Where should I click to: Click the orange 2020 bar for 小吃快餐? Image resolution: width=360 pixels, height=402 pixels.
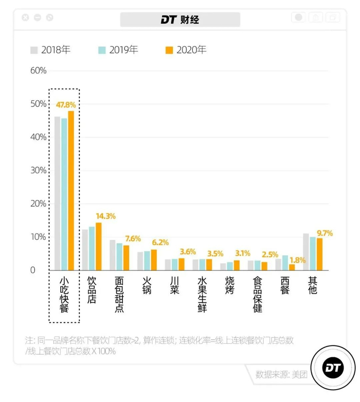tap(71, 190)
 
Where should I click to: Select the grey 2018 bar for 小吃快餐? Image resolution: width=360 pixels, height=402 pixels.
tap(58, 193)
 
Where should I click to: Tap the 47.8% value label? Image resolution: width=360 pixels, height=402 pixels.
tap(66, 105)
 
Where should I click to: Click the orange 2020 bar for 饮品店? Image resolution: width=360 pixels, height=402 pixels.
tap(98, 246)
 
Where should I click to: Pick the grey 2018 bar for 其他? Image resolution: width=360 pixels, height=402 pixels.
tap(306, 252)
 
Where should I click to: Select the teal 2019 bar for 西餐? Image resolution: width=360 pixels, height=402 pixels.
tap(285, 263)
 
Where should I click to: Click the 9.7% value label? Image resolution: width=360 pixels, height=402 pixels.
tap(325, 233)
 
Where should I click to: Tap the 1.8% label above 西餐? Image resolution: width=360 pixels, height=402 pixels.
tap(298, 260)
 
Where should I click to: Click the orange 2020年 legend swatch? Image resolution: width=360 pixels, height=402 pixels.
tap(169, 50)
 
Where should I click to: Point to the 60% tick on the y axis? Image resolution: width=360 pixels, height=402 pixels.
tap(39, 70)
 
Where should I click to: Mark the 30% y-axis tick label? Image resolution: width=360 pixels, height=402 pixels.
tap(39, 170)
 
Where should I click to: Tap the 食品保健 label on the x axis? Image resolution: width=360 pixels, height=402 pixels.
tap(258, 294)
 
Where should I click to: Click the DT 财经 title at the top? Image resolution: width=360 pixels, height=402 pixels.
tap(180, 20)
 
